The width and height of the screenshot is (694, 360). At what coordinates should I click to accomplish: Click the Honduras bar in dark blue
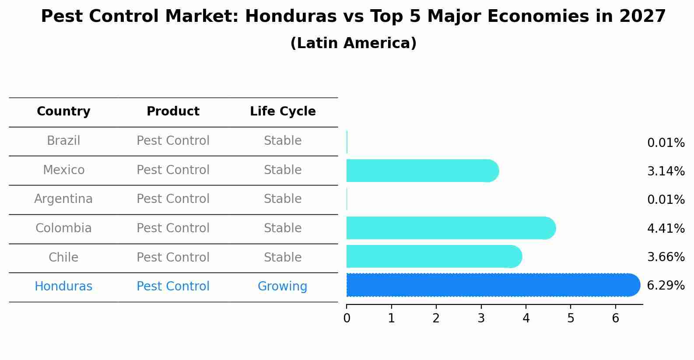[x=492, y=285]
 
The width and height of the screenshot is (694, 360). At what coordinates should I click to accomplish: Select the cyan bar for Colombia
[x=451, y=228]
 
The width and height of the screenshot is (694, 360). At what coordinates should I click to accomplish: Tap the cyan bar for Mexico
[x=422, y=171]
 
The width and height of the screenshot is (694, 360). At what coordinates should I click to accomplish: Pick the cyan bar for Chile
[x=433, y=256]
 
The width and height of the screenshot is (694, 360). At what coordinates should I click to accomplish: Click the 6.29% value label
[x=666, y=286]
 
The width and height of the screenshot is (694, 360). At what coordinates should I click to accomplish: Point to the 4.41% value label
[x=666, y=228]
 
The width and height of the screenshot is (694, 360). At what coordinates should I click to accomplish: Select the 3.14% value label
[x=666, y=171]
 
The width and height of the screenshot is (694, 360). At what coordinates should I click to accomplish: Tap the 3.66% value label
[x=666, y=257]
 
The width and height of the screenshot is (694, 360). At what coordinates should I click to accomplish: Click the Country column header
[x=63, y=112]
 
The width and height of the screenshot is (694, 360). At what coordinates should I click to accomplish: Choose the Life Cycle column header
[x=283, y=112]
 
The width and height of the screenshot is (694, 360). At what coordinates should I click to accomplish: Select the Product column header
[x=173, y=112]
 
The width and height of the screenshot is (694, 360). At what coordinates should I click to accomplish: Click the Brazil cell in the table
[x=63, y=141]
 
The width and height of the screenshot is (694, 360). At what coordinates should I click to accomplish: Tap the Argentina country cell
[x=63, y=199]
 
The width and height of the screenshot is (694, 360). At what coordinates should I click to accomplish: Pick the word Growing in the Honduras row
[x=282, y=287]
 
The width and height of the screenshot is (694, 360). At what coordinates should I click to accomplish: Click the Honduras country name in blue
[x=63, y=287]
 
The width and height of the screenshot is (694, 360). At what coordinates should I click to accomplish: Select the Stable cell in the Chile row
[x=283, y=257]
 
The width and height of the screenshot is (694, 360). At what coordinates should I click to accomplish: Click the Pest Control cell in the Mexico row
[x=173, y=170]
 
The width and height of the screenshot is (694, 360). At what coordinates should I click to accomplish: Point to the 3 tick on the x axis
[x=481, y=318]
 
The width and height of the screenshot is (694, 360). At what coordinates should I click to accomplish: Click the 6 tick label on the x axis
[x=615, y=318]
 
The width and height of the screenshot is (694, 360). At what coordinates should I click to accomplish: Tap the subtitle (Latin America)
[x=353, y=43]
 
